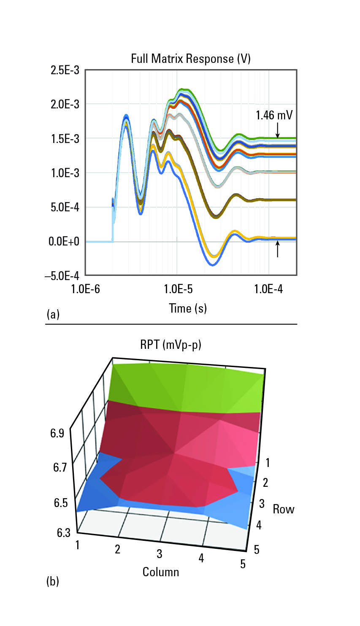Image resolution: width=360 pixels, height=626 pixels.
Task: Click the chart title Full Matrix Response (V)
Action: pos(191,59)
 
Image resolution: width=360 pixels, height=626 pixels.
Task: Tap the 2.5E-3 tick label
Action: pos(65,70)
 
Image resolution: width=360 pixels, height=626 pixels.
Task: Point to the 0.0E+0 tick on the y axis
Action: pos(64,241)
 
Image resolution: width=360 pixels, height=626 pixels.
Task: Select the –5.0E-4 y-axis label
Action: pos(62,276)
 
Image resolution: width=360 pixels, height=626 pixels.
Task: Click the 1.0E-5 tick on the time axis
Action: pos(179,289)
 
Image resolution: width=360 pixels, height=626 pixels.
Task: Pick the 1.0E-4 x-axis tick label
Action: pos(268,289)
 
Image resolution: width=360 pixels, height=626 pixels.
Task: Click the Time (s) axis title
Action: pos(188,308)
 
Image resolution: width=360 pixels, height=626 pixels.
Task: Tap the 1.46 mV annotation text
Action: pos(274,115)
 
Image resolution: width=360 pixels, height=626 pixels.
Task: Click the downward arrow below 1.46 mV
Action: pos(278,131)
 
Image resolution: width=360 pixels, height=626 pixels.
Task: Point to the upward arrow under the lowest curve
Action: pos(278,249)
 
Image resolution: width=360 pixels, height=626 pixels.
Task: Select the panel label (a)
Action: pos(53,314)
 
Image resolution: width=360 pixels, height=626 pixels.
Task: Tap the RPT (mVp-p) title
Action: pos(171,345)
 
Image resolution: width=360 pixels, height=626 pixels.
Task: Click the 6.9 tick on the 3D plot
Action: pos(57,434)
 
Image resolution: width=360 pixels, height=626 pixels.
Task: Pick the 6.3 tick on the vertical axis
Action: pos(64,533)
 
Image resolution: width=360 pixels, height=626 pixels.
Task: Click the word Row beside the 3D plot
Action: pos(284,509)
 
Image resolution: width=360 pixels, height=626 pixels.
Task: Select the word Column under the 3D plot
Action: pos(161,572)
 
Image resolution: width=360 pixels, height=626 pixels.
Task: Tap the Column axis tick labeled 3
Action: pos(159,553)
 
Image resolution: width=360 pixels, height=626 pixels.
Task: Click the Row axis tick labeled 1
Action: pos(267,463)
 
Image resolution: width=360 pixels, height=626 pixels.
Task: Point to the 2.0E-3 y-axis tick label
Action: pos(65,105)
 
